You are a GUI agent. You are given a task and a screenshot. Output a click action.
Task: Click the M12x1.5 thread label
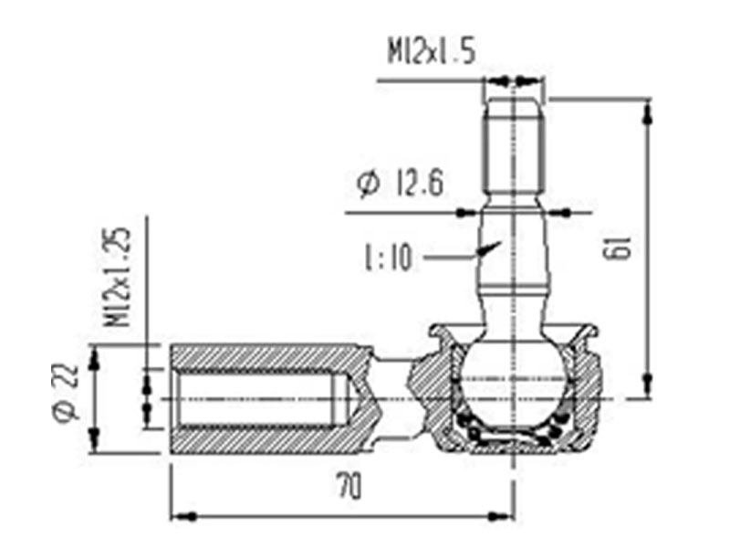click(x=432, y=51)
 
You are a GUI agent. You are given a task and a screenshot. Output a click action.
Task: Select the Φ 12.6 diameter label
click(x=401, y=184)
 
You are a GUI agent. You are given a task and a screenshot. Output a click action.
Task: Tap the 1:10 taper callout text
click(x=389, y=258)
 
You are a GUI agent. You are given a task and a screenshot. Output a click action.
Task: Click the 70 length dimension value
click(x=349, y=486)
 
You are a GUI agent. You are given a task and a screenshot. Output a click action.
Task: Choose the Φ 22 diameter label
click(x=65, y=393)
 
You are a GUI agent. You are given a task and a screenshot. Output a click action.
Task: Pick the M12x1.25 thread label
click(x=115, y=277)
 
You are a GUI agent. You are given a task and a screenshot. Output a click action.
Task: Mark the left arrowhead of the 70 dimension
click(x=182, y=516)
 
